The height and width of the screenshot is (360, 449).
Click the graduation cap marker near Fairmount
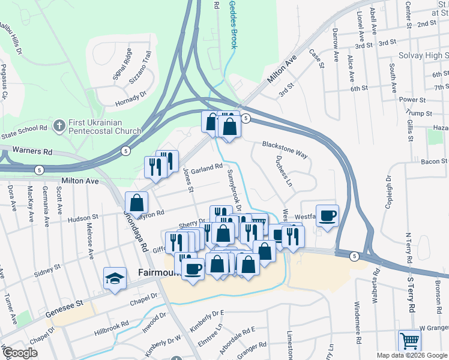point(115,278)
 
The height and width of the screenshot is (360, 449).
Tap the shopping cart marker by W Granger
point(409,340)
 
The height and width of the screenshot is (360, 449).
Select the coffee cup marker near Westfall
point(327,215)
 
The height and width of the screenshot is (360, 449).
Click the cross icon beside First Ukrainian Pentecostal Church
point(59,126)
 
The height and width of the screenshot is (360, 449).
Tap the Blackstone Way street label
point(285,149)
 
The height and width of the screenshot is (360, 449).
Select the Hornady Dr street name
point(131,98)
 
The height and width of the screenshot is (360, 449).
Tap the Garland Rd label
point(206,170)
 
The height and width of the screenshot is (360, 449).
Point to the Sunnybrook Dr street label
point(234,191)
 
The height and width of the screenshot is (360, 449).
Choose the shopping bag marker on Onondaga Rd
point(137,203)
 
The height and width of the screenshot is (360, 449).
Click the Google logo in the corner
point(19,353)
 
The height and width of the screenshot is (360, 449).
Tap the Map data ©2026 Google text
point(412,355)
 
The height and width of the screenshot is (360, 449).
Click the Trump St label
point(419,113)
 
